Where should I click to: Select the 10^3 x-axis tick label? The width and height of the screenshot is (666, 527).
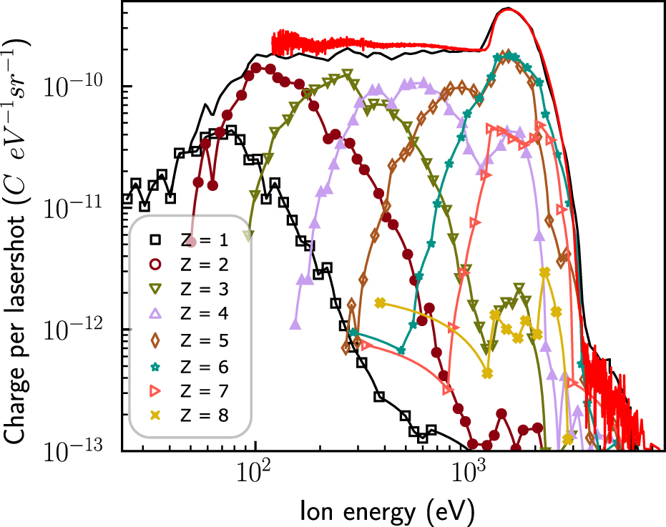coord(469,474)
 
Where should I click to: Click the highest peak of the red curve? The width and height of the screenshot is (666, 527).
coord(508,9)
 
